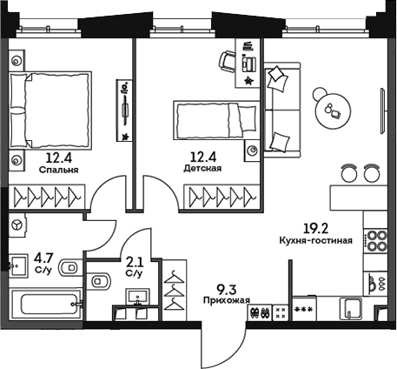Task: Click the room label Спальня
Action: tap(58, 171)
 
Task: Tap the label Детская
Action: tap(196, 169)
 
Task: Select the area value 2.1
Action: tap(134, 261)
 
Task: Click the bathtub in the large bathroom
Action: tap(44, 307)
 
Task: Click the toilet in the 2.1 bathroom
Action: tap(100, 279)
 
